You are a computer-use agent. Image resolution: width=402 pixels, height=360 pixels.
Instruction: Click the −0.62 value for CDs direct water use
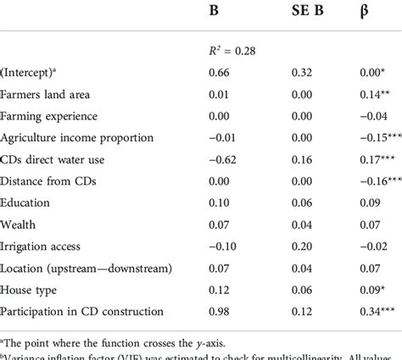pos(223,158)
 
